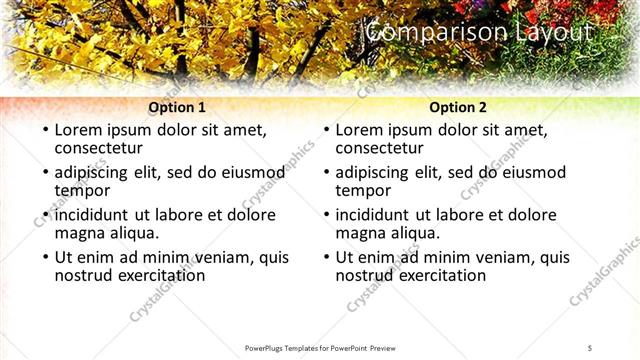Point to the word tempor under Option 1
point(82,191)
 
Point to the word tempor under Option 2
point(363,191)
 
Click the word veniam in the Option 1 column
point(208,257)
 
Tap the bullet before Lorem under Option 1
point(45,131)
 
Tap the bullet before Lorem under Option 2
point(326,131)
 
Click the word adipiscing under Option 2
point(373,172)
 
